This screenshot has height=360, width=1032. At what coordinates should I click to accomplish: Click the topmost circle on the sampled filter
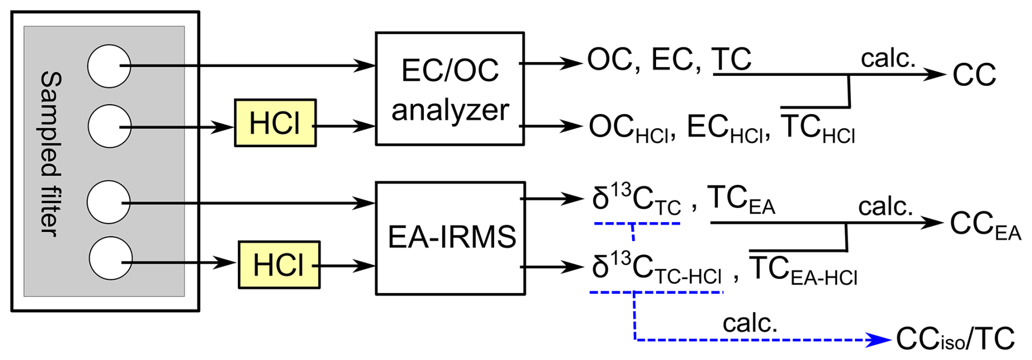point(109,66)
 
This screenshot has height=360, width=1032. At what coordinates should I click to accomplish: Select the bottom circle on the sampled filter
point(111,258)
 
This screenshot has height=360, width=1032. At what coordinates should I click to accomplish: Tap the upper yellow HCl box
point(275,123)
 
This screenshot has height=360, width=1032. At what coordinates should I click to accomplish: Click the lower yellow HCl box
point(279,265)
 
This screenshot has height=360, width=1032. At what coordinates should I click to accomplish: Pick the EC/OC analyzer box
point(450,88)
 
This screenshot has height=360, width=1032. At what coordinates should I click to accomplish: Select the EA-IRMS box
point(451,238)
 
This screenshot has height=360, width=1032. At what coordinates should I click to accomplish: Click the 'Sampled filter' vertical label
point(50,154)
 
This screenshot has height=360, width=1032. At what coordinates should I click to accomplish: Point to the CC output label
point(974,75)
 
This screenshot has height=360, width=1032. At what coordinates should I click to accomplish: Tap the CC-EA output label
point(985,225)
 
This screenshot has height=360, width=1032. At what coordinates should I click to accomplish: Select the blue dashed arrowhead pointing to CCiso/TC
point(879,340)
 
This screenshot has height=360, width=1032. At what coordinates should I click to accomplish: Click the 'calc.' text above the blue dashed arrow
point(750,323)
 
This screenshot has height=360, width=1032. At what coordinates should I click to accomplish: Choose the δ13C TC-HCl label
point(657,268)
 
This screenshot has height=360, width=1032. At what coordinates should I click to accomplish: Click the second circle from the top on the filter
point(109,126)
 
